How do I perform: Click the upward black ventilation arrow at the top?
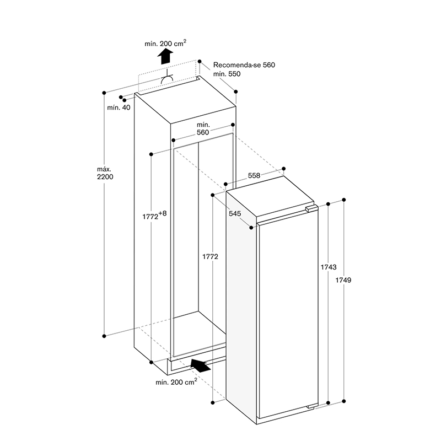point(165,56)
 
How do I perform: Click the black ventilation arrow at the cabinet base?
point(201,365)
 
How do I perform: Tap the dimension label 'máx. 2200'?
point(105,173)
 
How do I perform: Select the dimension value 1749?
point(343,280)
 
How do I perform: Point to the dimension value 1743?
point(329,267)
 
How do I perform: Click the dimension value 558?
point(254,175)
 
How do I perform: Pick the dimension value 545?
point(235,213)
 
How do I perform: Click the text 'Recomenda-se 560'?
point(244,65)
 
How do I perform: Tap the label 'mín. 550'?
point(227,74)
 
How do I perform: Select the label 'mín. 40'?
point(119,107)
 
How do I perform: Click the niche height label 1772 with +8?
point(154,216)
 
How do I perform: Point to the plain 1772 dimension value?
point(211,256)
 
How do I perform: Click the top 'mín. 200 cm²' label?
point(165,44)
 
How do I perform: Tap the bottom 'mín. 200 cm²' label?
point(176,382)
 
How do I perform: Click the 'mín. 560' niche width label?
point(203,128)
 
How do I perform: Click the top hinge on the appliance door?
point(311,209)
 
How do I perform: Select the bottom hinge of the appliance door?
point(313,406)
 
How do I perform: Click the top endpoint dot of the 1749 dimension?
point(343,200)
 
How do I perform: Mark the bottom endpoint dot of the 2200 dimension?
point(104,336)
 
